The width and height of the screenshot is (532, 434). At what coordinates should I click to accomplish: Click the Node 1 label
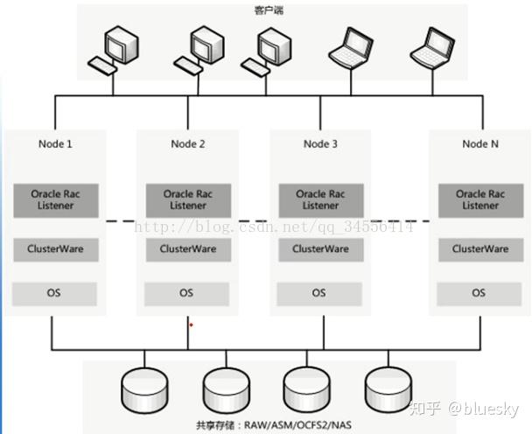coord(55,143)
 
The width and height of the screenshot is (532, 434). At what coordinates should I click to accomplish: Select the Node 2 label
coord(188,143)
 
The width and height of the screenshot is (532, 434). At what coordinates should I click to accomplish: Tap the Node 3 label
coord(320,143)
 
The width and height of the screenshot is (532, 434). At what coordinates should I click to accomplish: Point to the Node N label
coord(479,143)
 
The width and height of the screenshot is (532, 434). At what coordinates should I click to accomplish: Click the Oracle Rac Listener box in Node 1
coord(55,199)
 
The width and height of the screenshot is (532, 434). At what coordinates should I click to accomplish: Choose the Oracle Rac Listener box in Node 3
coord(320,199)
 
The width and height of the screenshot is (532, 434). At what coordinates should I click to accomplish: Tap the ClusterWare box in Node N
coord(479,249)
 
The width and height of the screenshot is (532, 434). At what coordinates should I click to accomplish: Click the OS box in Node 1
coord(55,293)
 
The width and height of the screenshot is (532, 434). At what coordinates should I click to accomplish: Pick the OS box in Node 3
coord(320,293)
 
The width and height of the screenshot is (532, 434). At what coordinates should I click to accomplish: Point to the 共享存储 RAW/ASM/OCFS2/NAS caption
coord(262,424)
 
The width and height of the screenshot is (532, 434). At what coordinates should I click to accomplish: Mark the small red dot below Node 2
coord(191,325)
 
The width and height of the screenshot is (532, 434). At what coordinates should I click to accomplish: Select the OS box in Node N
coord(479,293)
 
